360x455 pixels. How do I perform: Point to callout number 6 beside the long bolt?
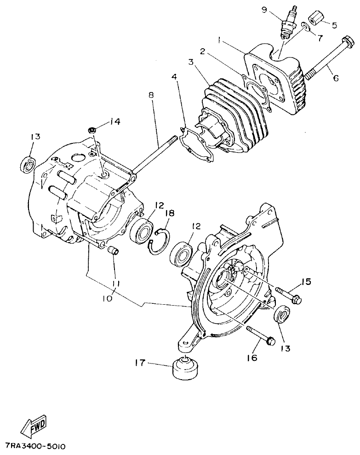336,78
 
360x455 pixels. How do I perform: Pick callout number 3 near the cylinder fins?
190,62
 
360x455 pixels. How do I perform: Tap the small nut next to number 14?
91,130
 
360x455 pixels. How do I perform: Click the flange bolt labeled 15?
288,295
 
